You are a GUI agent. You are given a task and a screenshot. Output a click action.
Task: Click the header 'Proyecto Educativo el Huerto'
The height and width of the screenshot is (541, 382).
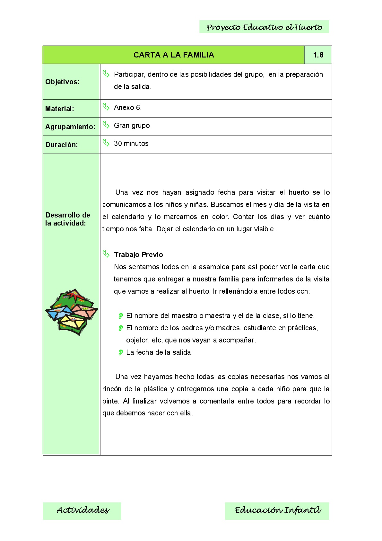click(x=265, y=27)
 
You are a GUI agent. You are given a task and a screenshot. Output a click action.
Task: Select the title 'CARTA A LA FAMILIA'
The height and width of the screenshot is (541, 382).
click(x=174, y=55)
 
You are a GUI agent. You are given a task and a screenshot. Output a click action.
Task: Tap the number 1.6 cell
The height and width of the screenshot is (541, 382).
click(x=318, y=55)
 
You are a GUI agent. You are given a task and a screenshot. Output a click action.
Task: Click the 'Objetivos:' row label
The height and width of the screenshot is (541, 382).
click(x=62, y=82)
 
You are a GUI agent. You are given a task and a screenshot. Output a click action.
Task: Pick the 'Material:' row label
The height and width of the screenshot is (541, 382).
click(x=60, y=109)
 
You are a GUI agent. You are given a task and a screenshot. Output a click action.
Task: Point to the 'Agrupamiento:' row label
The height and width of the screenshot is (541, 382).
click(x=70, y=127)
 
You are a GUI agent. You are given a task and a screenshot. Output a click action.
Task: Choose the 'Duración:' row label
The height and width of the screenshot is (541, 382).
click(x=62, y=145)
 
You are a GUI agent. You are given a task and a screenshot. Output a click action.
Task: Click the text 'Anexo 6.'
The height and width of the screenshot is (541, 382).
click(x=128, y=108)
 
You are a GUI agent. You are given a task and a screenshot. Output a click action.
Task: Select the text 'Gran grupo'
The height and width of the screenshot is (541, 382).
click(x=132, y=126)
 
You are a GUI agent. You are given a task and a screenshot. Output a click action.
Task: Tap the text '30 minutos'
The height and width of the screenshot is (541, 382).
click(x=131, y=144)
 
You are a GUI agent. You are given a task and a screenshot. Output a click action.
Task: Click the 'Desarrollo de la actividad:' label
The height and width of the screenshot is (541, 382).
click(x=68, y=219)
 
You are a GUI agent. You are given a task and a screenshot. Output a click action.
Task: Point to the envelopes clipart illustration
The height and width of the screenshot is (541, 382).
click(x=72, y=312)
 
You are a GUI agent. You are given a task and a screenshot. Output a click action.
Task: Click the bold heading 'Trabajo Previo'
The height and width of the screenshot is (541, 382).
click(x=138, y=255)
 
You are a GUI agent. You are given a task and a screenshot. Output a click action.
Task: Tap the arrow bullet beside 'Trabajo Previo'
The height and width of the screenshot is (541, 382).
click(x=106, y=254)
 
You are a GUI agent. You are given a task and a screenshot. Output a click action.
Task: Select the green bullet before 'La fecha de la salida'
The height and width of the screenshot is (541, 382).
click(x=121, y=352)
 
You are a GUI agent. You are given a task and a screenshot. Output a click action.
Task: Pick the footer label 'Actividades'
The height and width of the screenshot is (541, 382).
click(x=83, y=510)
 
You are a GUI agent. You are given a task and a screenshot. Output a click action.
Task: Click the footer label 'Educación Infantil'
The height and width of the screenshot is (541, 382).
click(x=277, y=510)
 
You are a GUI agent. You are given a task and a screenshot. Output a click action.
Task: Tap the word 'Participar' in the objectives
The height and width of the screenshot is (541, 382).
click(x=129, y=75)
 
